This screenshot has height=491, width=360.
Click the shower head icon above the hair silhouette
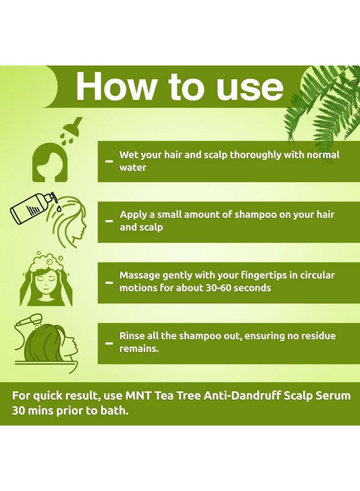click(x=72, y=127)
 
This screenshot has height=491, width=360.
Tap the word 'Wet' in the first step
click(x=129, y=155)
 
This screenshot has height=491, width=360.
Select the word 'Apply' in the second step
click(x=134, y=215)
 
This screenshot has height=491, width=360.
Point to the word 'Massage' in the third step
click(x=141, y=276)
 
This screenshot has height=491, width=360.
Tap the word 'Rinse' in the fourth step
click(x=133, y=336)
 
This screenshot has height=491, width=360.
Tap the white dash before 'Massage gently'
click(x=109, y=283)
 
